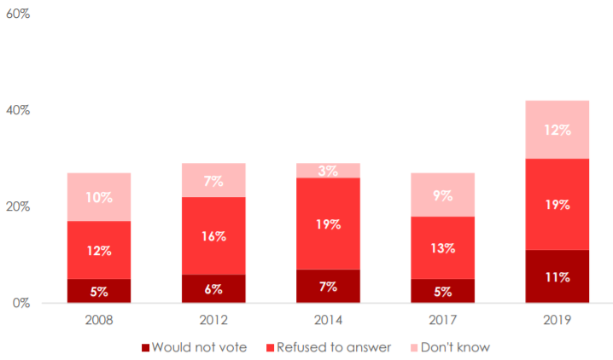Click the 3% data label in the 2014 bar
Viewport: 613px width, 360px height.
(x=328, y=171)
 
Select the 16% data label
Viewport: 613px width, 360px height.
(x=213, y=236)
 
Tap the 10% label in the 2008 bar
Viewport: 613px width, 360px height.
(x=99, y=197)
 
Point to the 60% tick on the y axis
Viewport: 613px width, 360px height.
(x=18, y=15)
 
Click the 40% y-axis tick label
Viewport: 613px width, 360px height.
(x=18, y=111)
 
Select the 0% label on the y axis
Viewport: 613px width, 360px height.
(x=21, y=303)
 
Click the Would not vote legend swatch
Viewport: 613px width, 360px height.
(x=146, y=347)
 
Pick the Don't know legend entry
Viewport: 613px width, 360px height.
(x=453, y=347)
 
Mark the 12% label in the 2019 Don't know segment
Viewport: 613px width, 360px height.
(x=558, y=131)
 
